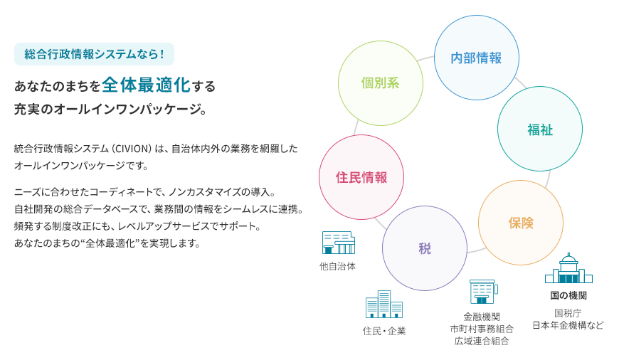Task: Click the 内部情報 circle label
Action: click(x=476, y=58)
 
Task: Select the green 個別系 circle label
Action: click(x=380, y=83)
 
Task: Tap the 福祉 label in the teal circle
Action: click(x=539, y=129)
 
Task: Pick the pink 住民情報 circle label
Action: click(x=361, y=177)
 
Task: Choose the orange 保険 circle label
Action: click(x=521, y=223)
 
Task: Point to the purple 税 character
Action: click(x=424, y=248)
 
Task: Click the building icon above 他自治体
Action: click(x=339, y=243)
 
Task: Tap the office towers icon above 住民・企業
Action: click(x=384, y=304)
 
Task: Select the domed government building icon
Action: click(x=568, y=268)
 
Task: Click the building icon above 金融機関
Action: click(x=484, y=292)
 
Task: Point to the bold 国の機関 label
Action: click(x=568, y=295)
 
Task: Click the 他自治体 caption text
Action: click(x=337, y=267)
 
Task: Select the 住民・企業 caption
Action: click(x=384, y=331)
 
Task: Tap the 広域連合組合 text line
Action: click(x=482, y=341)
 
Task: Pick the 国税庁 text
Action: click(x=568, y=314)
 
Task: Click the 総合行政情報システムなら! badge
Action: click(x=94, y=54)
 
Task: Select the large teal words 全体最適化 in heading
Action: click(x=146, y=85)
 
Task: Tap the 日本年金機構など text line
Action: click(x=568, y=325)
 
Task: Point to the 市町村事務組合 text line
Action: click(x=482, y=329)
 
